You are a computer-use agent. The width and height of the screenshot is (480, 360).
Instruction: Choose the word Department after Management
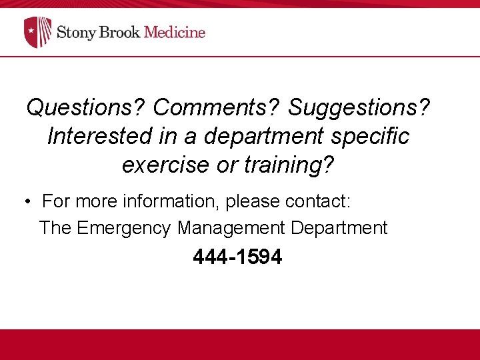coord(339,228)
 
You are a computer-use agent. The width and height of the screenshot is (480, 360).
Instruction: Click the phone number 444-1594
coord(237,257)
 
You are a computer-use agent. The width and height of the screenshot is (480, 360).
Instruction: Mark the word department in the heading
coord(263,136)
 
